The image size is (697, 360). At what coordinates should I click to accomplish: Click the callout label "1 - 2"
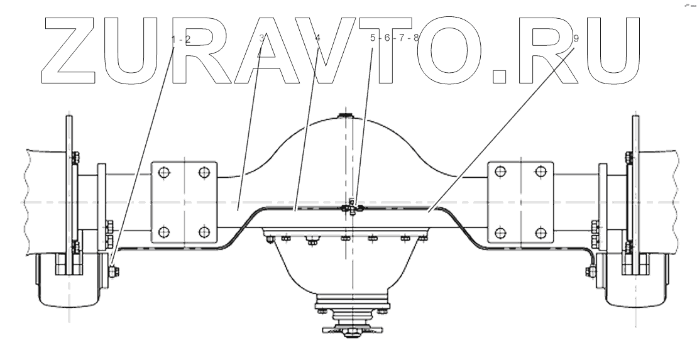[180, 39]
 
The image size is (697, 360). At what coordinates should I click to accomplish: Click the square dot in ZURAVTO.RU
[499, 76]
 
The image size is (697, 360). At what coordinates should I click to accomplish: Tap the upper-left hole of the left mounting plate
[163, 172]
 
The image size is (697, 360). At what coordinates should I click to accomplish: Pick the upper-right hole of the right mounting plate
[539, 172]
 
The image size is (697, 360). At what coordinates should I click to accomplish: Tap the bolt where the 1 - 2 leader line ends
[112, 271]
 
